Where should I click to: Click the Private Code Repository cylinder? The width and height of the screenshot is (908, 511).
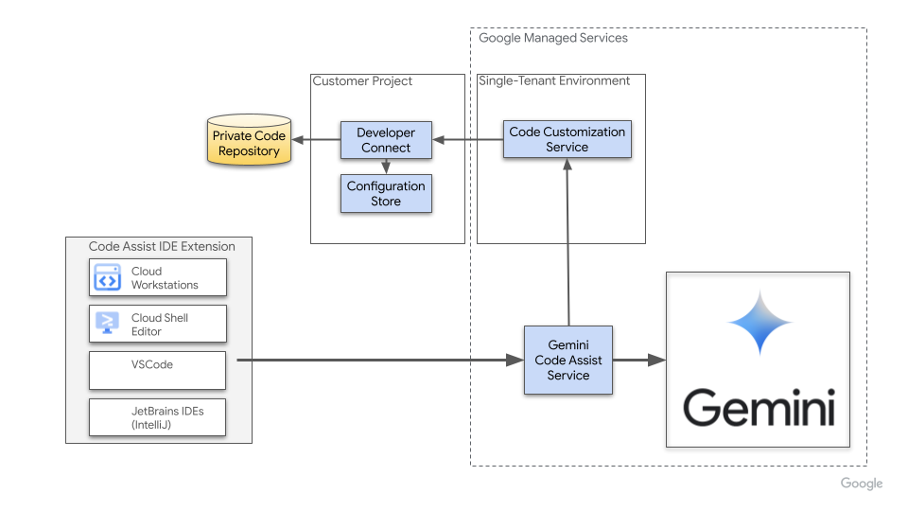click(250, 142)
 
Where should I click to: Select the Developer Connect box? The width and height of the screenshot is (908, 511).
click(386, 140)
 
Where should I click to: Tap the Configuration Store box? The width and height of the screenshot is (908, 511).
click(386, 193)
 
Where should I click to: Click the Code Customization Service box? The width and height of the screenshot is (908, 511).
click(567, 139)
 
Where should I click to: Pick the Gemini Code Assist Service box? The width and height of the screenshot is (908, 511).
click(568, 360)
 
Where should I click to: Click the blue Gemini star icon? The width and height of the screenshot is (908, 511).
click(759, 323)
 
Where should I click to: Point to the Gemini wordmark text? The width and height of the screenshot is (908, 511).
click(759, 408)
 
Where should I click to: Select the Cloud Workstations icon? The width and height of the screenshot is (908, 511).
click(107, 278)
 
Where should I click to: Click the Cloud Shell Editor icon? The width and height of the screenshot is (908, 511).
click(107, 324)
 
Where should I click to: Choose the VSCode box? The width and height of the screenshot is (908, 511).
click(158, 370)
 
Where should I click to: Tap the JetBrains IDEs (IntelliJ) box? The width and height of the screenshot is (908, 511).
click(158, 417)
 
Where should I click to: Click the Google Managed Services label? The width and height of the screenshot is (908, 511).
click(553, 38)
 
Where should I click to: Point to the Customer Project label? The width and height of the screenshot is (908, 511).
click(362, 81)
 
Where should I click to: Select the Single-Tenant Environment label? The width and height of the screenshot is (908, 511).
click(554, 81)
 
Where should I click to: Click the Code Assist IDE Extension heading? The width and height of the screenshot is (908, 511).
click(162, 246)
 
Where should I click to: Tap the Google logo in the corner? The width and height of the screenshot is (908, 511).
click(861, 484)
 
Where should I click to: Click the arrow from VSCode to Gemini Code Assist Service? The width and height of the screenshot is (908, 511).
click(378, 360)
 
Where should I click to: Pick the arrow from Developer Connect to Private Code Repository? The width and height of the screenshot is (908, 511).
click(316, 140)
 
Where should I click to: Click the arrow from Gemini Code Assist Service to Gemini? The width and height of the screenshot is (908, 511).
click(639, 360)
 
